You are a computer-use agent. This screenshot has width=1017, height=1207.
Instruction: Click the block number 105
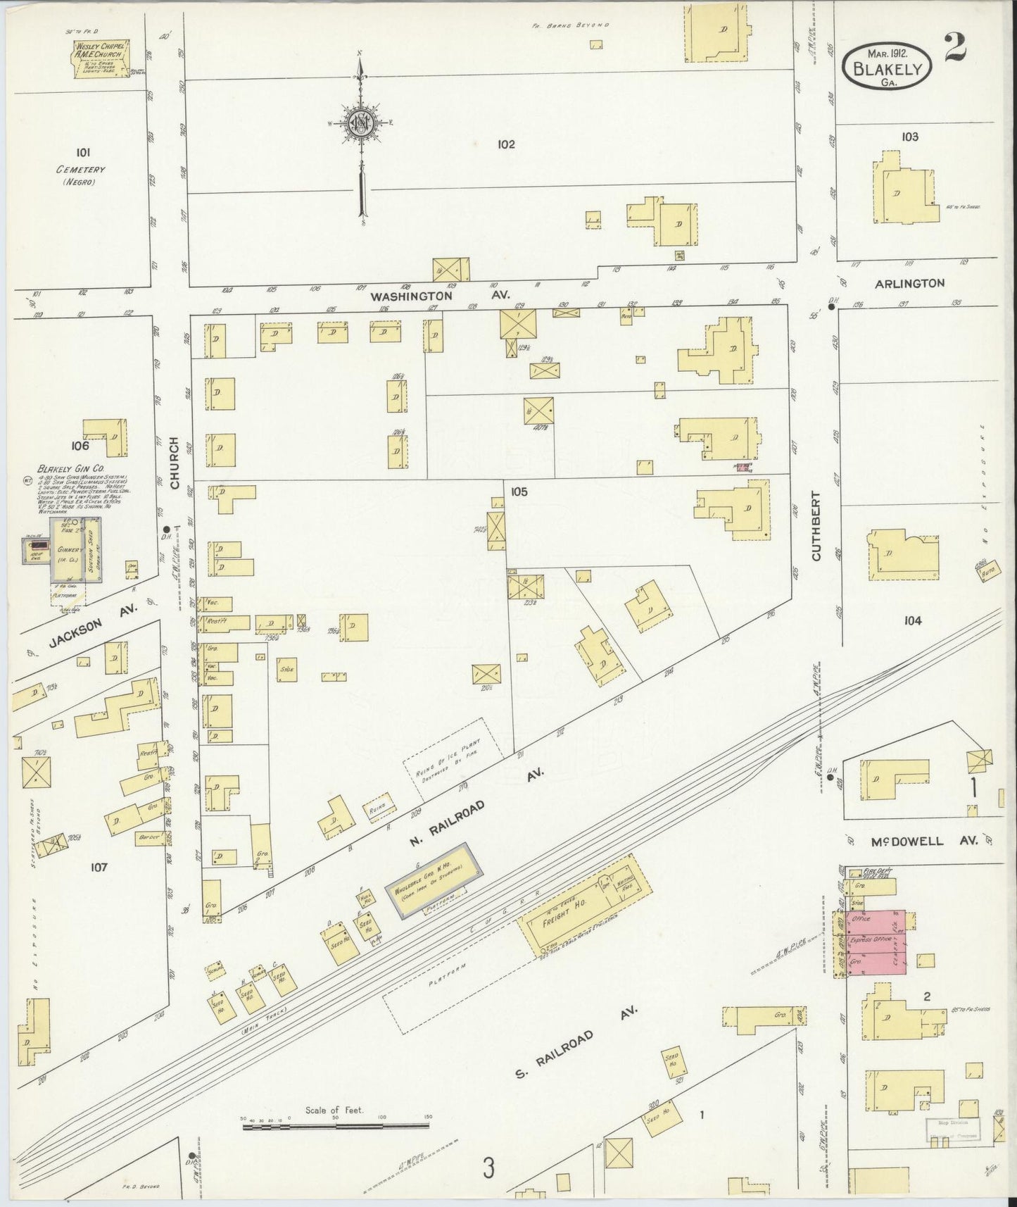coord(519,492)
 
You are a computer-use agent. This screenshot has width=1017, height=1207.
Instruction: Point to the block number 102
coord(505,144)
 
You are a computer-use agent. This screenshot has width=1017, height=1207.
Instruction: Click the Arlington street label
coord(909,283)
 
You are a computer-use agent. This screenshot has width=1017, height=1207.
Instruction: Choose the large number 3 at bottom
coord(488,1168)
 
